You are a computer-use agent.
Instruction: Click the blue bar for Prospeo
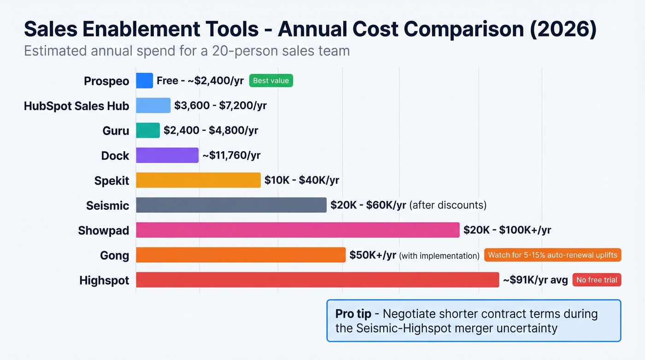coord(144,81)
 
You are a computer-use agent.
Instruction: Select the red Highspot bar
coord(317,280)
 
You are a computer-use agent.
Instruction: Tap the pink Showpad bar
coord(298,230)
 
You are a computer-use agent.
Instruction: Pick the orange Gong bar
coord(240,255)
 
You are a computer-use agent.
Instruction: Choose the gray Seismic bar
coord(231,205)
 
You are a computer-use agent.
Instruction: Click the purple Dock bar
coord(167,155)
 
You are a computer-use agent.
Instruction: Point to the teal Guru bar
coord(148,130)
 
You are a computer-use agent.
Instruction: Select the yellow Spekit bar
coord(198,180)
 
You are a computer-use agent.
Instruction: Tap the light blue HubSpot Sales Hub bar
coord(153,106)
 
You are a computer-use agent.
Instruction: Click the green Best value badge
coord(271,81)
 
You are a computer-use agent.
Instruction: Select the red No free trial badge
coord(597,280)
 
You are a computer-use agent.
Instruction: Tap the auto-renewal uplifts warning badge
coord(552,255)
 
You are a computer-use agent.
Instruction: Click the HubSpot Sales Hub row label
coord(76,106)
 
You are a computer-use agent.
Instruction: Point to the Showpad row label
coord(104,230)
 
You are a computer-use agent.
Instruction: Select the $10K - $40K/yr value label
coord(302,181)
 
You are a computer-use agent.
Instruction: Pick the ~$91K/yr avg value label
coord(535,280)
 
